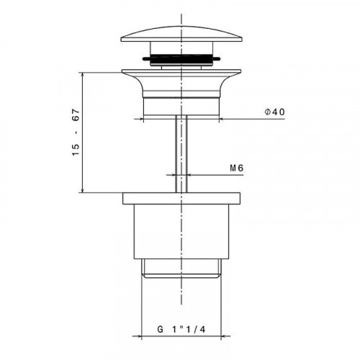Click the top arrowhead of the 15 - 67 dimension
point(85,73)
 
